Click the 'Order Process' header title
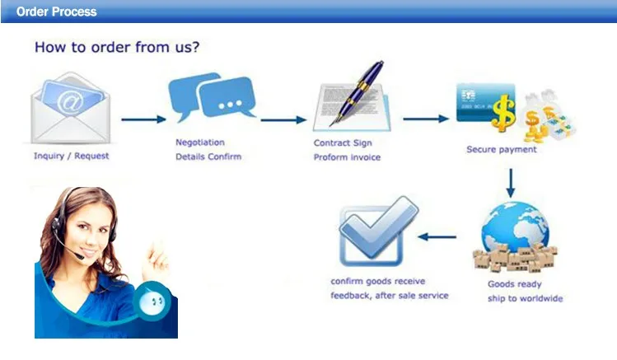coord(56,12)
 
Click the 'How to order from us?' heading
coord(117,47)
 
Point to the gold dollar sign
coord(502,110)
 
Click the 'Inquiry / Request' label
coord(71,156)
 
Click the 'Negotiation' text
coord(199,143)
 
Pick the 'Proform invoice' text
coord(347,157)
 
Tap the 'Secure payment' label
coord(501,150)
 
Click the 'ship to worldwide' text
coord(525,298)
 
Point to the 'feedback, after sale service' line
coord(390,295)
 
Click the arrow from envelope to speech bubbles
coord(143,119)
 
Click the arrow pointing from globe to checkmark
coord(437,237)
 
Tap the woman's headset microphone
coord(80,255)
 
